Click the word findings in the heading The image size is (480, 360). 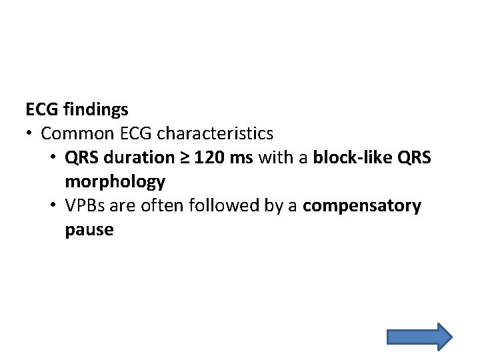(96, 109)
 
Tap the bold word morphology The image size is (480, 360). (115, 181)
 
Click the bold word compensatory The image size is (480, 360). (362, 206)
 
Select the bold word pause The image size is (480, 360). (89, 231)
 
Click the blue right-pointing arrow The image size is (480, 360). (419, 336)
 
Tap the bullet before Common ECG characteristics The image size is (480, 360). (30, 133)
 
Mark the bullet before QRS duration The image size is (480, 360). (54, 157)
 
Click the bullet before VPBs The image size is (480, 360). (54, 206)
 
